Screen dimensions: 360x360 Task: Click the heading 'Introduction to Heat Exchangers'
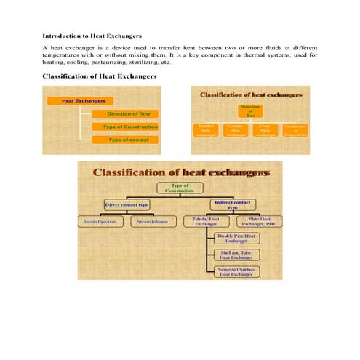92,36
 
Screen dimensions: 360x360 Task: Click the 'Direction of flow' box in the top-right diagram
249,111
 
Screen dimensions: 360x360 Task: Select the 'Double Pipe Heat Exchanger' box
236,239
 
